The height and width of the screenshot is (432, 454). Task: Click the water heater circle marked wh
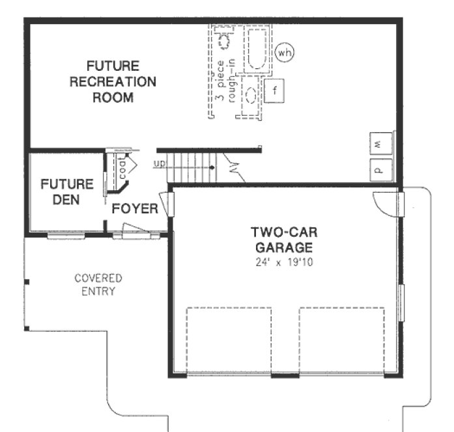pyautogui.click(x=283, y=51)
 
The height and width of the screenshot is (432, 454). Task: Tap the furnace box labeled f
pyautogui.click(x=274, y=90)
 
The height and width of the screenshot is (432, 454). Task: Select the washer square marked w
pyautogui.click(x=379, y=141)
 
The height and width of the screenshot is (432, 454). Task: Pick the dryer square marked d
pyautogui.click(x=379, y=168)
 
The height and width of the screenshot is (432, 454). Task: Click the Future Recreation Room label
pyautogui.click(x=113, y=82)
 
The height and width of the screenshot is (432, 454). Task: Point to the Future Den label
pyautogui.click(x=67, y=192)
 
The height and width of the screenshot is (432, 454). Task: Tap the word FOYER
pyautogui.click(x=135, y=209)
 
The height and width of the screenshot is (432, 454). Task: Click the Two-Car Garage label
pyautogui.click(x=283, y=239)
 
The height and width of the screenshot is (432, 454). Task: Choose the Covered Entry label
pyautogui.click(x=98, y=284)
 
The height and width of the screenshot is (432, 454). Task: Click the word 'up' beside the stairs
pyautogui.click(x=159, y=163)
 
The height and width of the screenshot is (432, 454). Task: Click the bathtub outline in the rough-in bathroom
pyautogui.click(x=255, y=49)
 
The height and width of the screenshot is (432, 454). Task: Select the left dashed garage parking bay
pyautogui.click(x=229, y=341)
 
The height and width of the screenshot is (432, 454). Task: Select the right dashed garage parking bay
pyautogui.click(x=341, y=341)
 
